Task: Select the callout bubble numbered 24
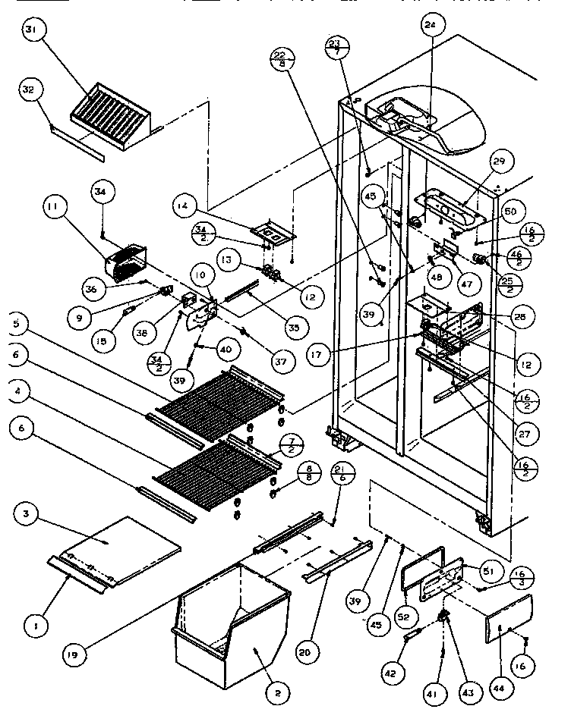pyautogui.click(x=431, y=24)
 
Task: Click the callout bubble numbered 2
pyautogui.click(x=277, y=692)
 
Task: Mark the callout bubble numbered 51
pyautogui.click(x=488, y=570)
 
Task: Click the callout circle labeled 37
pyautogui.click(x=281, y=362)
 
